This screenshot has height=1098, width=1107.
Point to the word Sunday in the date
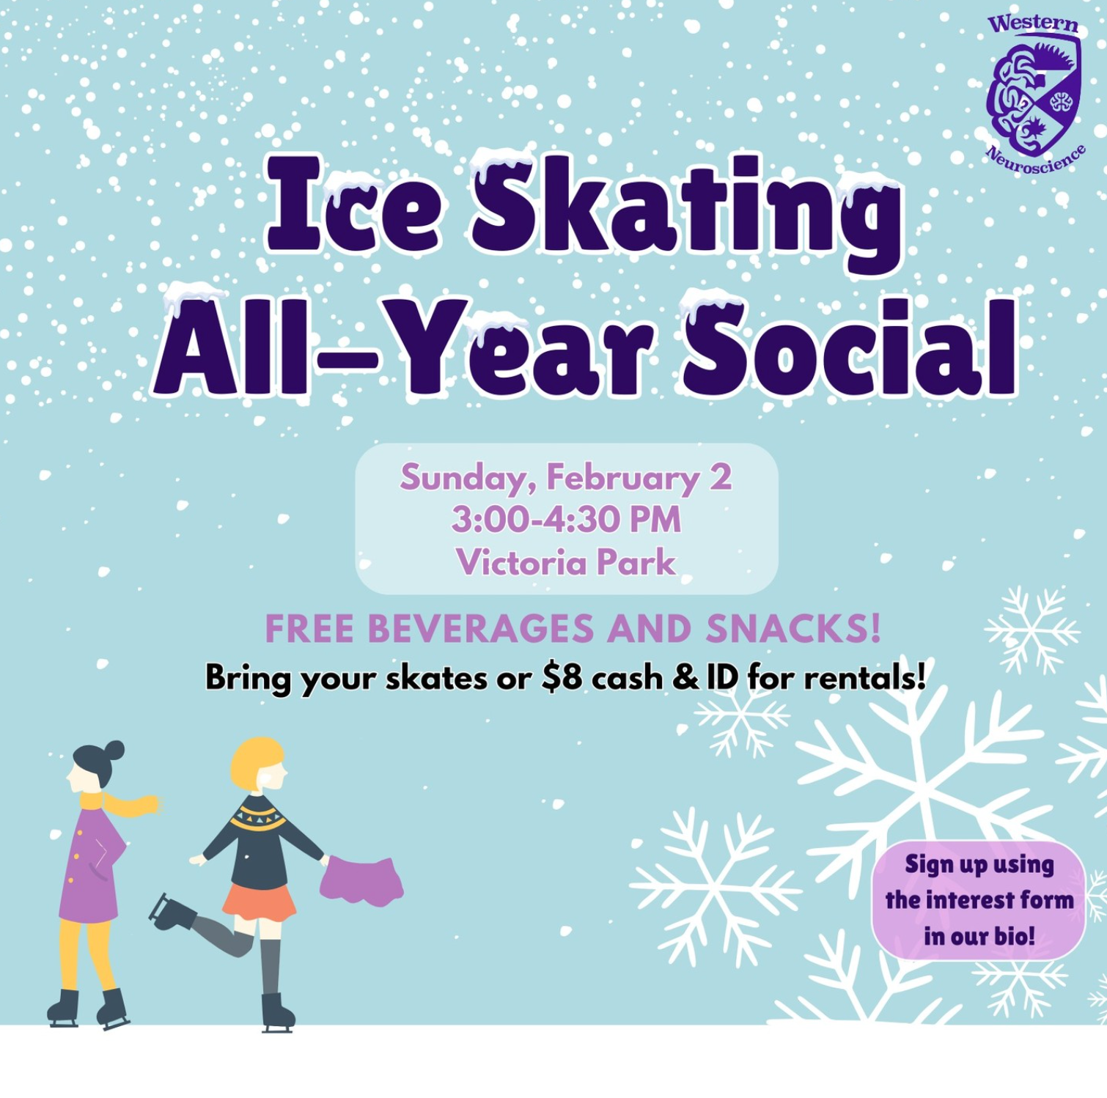click(x=463, y=479)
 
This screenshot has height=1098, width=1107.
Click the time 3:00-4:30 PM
click(x=566, y=520)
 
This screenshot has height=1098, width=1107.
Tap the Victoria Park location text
click(x=566, y=562)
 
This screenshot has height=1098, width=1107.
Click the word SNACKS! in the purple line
click(x=793, y=629)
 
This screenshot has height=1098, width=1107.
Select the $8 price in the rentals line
click(x=562, y=677)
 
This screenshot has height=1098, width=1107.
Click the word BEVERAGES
click(x=482, y=629)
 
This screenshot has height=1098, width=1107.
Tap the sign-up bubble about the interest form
click(x=978, y=900)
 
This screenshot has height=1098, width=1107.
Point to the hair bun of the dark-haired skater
click(x=114, y=751)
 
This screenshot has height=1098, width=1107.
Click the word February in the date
click(x=622, y=479)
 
